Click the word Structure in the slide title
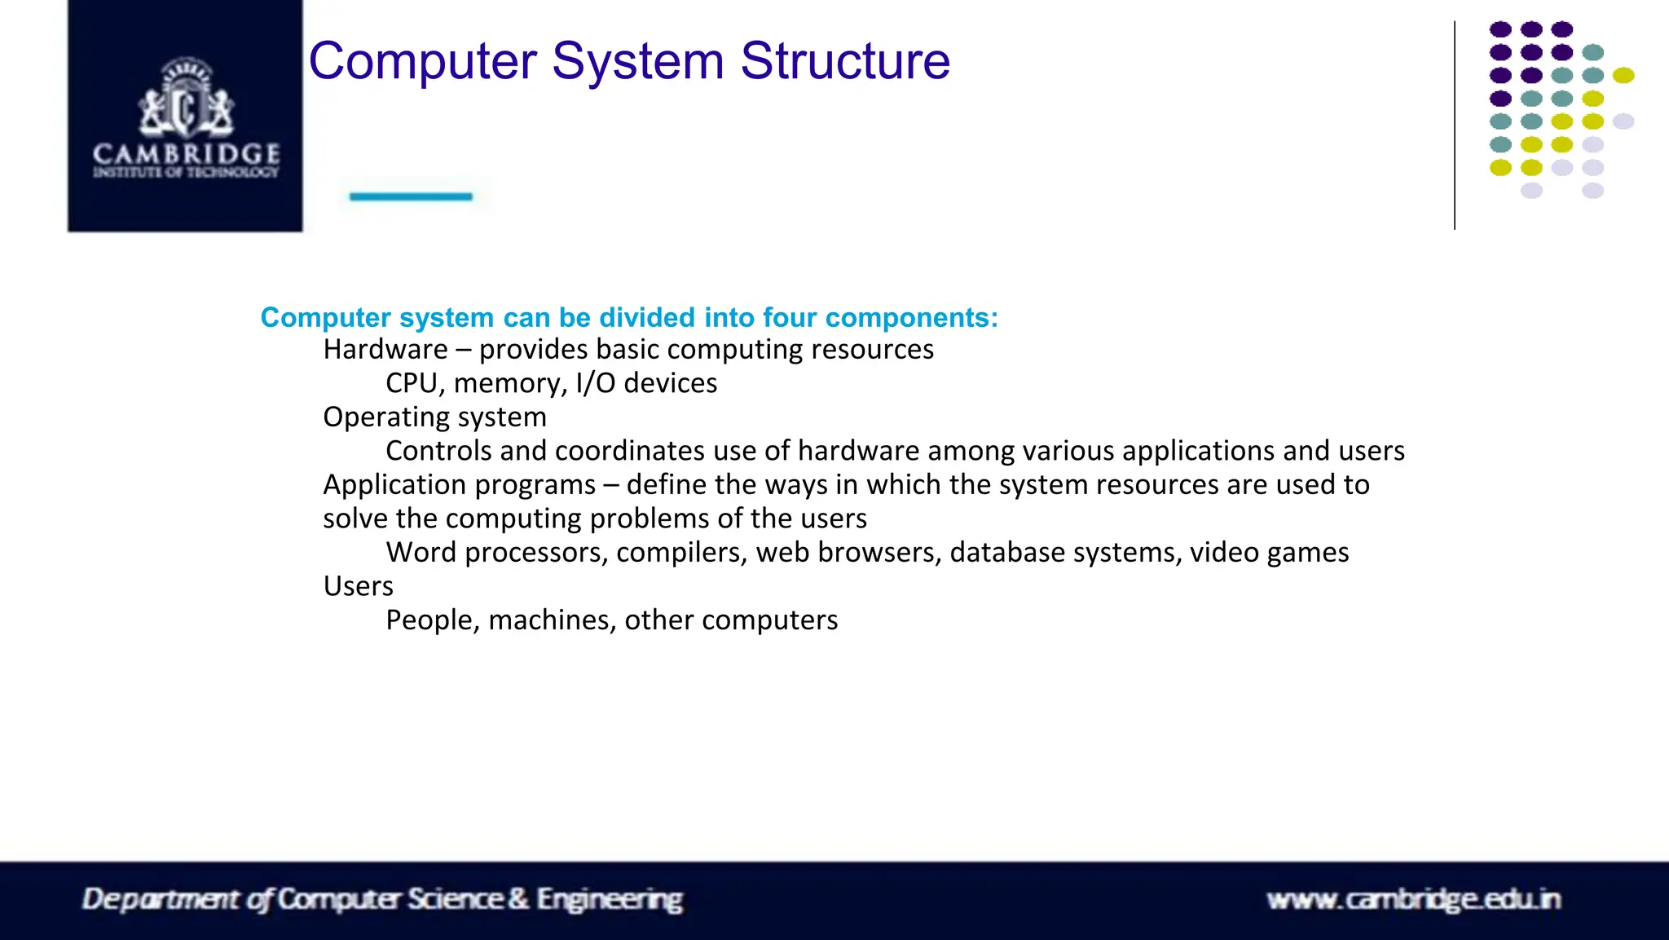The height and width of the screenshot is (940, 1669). pos(844,61)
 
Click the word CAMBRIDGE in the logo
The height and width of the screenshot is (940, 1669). pos(186,153)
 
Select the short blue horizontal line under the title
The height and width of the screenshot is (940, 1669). pos(411,196)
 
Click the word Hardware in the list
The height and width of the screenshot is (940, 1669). pos(385,350)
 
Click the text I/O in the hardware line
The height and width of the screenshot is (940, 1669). pos(595,383)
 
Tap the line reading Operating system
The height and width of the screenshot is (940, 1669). pos(434,417)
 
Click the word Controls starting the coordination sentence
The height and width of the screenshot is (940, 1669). pos(438,451)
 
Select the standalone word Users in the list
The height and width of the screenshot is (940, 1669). pos(358,586)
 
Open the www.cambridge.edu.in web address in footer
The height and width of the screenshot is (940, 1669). pos(1413,899)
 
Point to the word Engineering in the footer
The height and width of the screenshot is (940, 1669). pos(609,899)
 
